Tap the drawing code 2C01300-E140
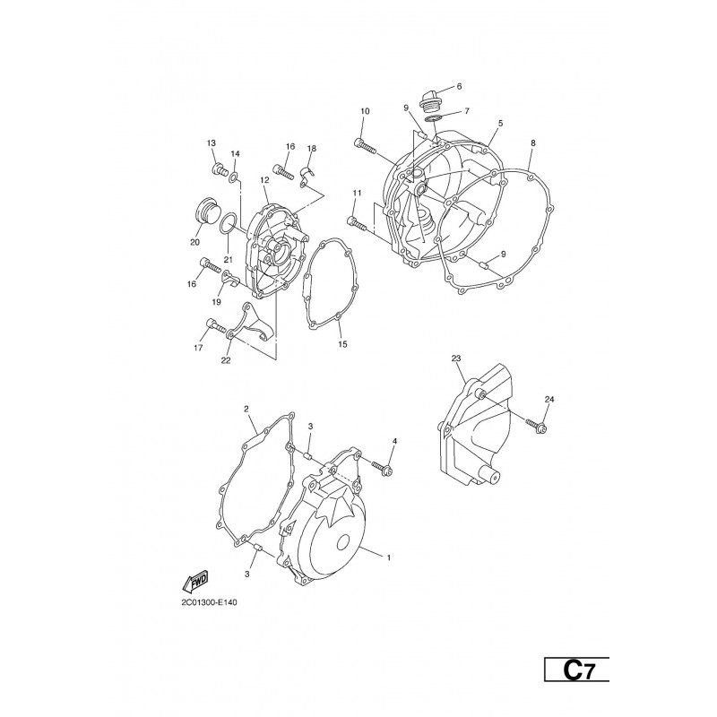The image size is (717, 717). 209,602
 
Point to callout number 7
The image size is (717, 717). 466,111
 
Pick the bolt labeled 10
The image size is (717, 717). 366,145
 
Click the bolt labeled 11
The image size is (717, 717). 357,223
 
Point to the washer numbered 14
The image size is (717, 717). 234,177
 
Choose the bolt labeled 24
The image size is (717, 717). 536,425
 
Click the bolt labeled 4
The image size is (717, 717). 383,467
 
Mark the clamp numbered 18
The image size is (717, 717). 306,176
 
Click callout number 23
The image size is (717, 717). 456,359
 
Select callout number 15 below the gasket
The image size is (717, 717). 343,344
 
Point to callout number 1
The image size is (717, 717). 389,557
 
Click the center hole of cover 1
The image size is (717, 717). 344,543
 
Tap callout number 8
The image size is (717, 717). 532,143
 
